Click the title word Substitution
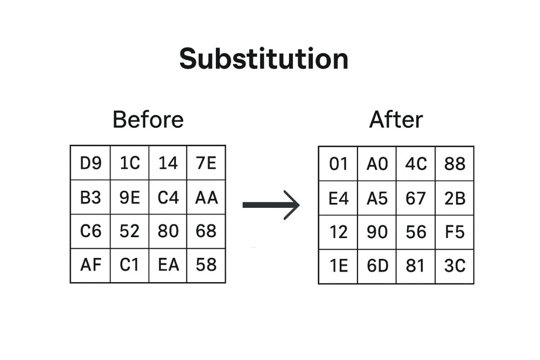pyautogui.click(x=264, y=59)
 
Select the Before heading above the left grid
pyautogui.click(x=148, y=120)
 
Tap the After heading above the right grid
pyautogui.click(x=396, y=120)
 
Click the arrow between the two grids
pyautogui.click(x=271, y=205)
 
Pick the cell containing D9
pyautogui.click(x=90, y=163)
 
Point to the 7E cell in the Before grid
pyautogui.click(x=206, y=163)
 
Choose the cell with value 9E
pyautogui.click(x=130, y=197)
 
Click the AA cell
pyautogui.click(x=206, y=197)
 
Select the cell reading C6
pyautogui.click(x=90, y=231)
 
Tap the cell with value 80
pyautogui.click(x=168, y=231)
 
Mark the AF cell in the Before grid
pyautogui.click(x=90, y=265)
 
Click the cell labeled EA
pyautogui.click(x=168, y=265)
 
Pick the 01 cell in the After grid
pyautogui.click(x=338, y=164)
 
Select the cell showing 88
pyautogui.click(x=454, y=164)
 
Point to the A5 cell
pyautogui.click(x=377, y=198)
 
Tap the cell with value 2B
pyautogui.click(x=454, y=198)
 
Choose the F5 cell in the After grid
pyautogui.click(x=454, y=232)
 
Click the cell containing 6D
pyautogui.click(x=377, y=266)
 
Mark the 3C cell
pyautogui.click(x=454, y=266)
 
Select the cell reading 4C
pyautogui.click(x=416, y=164)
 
